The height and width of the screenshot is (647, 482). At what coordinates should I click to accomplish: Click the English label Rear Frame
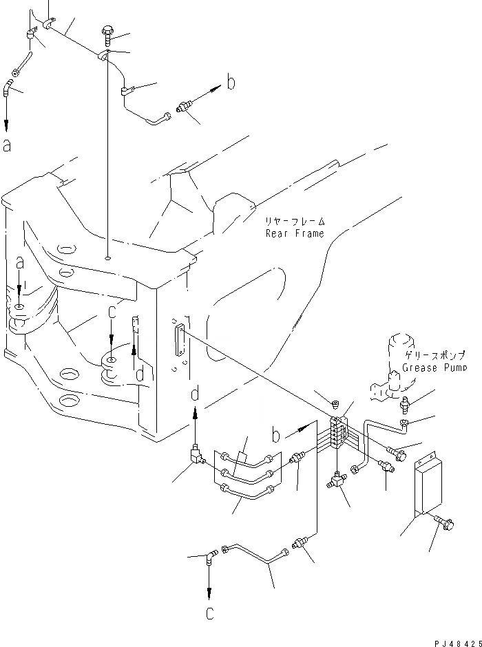click(295, 233)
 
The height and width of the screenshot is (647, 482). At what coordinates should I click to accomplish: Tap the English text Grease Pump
click(435, 368)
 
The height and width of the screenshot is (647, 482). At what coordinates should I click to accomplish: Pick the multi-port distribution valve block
click(337, 432)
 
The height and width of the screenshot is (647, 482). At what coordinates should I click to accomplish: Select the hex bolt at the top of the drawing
click(107, 30)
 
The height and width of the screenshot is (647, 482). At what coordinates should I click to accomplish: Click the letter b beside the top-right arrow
click(231, 83)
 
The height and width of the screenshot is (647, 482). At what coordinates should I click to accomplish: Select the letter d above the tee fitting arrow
click(196, 394)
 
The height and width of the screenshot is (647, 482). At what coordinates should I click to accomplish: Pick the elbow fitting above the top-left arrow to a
click(10, 87)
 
